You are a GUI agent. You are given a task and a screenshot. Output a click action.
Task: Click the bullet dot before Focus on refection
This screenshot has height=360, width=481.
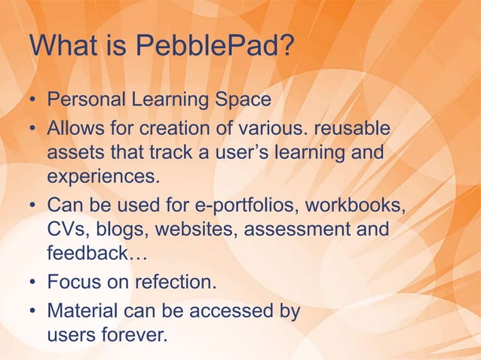[34, 284]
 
